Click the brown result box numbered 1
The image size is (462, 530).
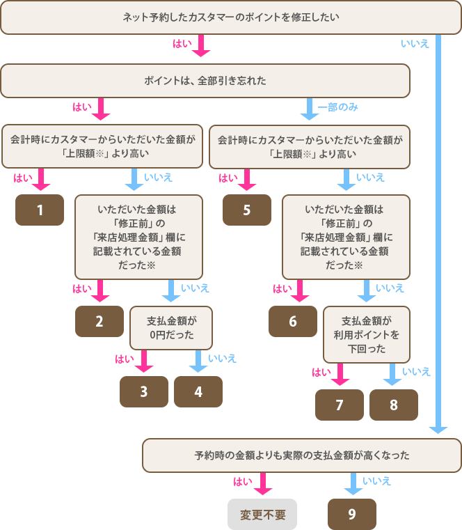(40, 210)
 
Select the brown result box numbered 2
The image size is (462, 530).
(99, 321)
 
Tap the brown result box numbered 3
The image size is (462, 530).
(143, 391)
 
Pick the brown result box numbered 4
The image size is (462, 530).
(198, 391)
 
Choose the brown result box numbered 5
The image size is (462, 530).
(246, 210)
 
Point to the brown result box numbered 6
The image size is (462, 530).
(293, 321)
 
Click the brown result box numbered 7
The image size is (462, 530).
(340, 405)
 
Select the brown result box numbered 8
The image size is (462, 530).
(393, 405)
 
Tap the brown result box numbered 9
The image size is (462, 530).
(351, 514)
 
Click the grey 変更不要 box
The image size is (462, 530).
(262, 514)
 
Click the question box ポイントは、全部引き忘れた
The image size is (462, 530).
(205, 81)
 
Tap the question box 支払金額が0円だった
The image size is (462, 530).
(170, 328)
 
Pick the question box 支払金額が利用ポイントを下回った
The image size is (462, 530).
(366, 334)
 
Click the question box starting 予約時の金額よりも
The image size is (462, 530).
(302, 455)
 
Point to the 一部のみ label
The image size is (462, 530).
(338, 107)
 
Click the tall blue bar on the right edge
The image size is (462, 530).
(438, 237)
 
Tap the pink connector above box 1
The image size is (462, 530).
(41, 180)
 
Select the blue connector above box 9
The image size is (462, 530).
(353, 484)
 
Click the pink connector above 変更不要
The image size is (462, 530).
(263, 484)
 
